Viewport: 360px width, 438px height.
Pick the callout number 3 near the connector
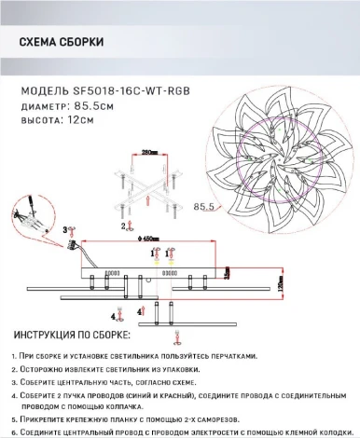64,230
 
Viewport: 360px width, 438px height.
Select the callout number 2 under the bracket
124,225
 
